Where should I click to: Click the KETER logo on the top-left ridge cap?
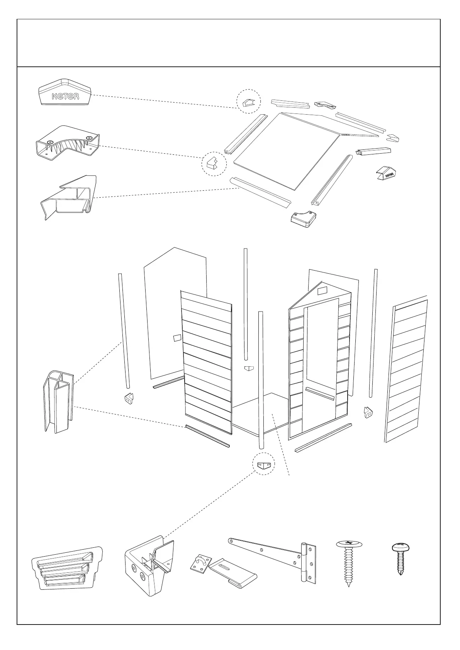tap(66, 96)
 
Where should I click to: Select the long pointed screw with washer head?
tap(349, 567)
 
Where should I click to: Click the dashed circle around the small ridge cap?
tap(248, 102)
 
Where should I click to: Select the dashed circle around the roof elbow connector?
tap(214, 164)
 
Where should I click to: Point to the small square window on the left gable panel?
tap(177, 338)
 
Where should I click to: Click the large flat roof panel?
tap(286, 151)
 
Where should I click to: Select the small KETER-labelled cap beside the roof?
tap(387, 174)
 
